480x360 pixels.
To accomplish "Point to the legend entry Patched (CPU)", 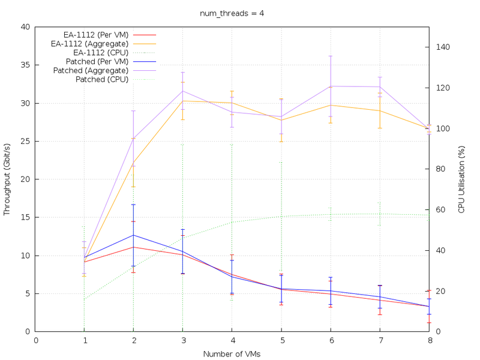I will pos(102,79).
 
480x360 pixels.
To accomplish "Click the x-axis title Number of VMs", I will pos(232,353).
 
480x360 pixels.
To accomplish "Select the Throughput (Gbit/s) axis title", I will pos(7,179).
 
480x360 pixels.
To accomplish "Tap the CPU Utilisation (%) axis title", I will pos(461,179).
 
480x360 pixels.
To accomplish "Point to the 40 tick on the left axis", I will pos(25,27).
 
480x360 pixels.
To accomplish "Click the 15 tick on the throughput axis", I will pos(25,217).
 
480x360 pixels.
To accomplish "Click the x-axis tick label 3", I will pos(182,340).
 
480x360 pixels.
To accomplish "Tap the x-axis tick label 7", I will pos(380,340).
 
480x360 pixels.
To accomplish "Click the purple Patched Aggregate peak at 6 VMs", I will pos(331,86).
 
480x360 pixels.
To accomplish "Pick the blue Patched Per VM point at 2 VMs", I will pos(133,235).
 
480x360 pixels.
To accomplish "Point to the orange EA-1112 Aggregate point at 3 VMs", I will pos(182,101).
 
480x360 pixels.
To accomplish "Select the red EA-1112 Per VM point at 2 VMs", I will pos(133,247).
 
